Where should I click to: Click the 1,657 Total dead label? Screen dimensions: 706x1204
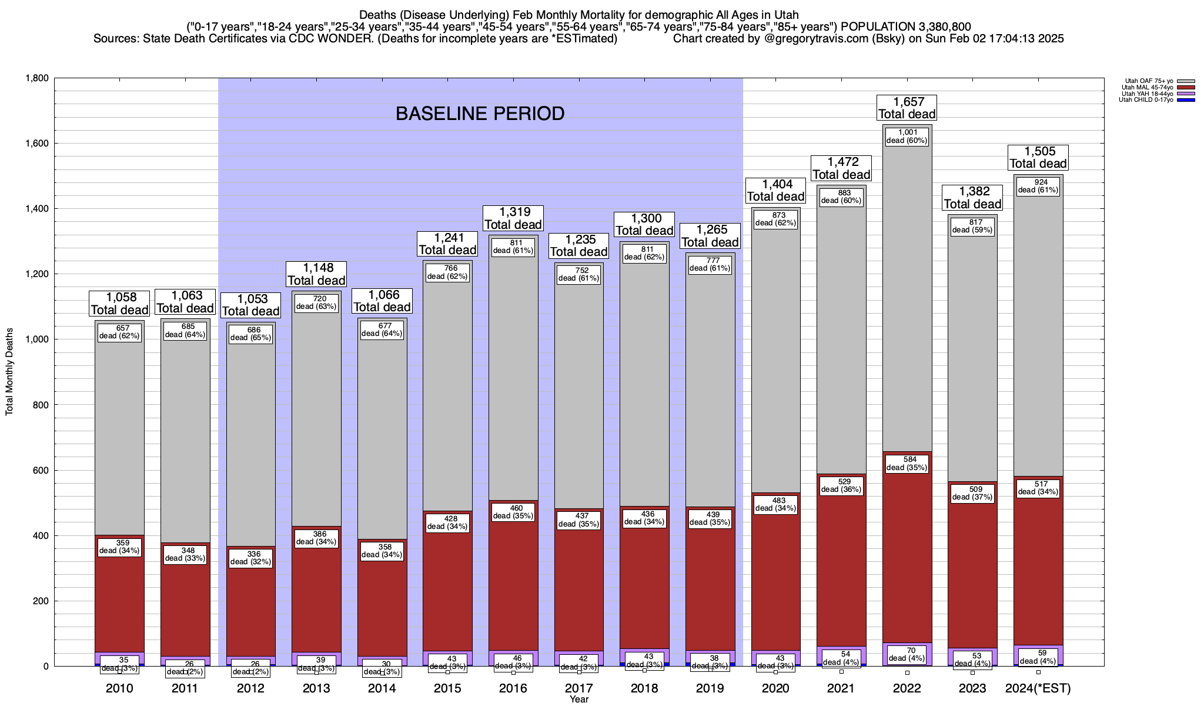[907, 108]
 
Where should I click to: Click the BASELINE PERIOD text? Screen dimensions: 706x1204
[480, 114]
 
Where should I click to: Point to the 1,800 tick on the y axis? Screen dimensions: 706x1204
[36, 78]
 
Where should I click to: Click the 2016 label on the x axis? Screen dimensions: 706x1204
[513, 688]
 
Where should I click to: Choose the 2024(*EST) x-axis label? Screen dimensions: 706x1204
[1038, 688]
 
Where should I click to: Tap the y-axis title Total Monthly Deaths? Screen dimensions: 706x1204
[9, 372]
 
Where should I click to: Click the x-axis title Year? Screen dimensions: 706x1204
[579, 700]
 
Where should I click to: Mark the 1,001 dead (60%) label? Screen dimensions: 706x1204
[907, 136]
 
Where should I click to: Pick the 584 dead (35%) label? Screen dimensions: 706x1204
[907, 464]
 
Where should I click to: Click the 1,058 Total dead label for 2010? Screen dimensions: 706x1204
[119, 304]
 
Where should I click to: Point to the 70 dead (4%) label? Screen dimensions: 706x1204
[907, 654]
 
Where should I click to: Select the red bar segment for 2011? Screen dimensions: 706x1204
[185, 606]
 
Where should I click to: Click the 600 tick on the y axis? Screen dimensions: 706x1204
[41, 471]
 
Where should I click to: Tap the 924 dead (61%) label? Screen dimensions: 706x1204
[1038, 186]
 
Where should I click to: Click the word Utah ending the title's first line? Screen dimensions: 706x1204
[786, 15]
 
